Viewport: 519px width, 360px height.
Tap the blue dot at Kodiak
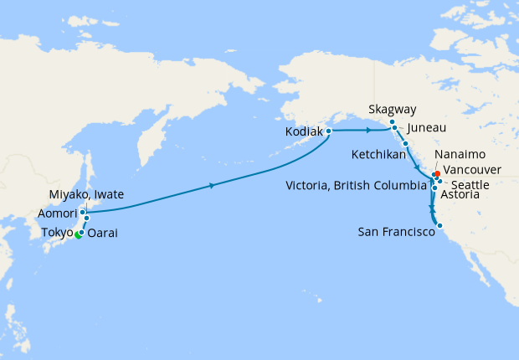[329, 131]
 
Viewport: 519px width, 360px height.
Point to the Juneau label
[427, 128]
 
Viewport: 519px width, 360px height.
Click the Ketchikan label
[379, 154]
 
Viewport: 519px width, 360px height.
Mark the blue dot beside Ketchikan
[405, 144]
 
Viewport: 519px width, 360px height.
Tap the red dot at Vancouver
[438, 174]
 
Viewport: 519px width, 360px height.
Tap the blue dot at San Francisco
[439, 224]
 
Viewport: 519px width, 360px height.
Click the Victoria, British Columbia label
[356, 184]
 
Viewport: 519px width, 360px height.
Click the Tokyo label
[59, 232]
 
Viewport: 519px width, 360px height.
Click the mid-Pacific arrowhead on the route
[213, 186]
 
